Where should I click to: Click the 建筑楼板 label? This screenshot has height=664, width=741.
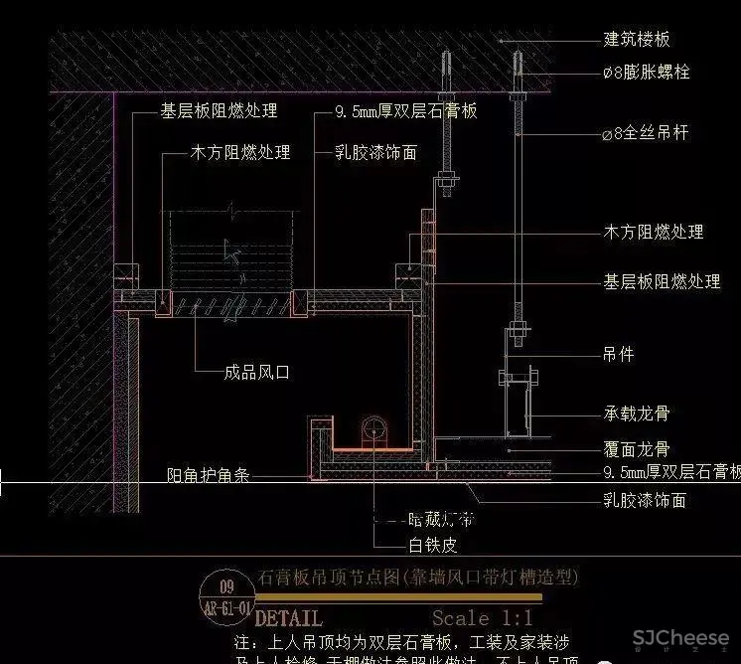[x=637, y=40]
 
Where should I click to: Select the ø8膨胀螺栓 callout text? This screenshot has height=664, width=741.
[x=647, y=73]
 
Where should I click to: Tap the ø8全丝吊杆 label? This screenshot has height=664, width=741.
[x=646, y=132]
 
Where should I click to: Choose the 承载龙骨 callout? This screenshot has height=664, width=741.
[x=637, y=412]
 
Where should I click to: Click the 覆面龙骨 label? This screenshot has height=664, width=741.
[x=637, y=449]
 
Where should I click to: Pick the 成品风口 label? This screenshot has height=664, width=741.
[x=256, y=374]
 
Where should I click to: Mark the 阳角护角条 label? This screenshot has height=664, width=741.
[x=207, y=476]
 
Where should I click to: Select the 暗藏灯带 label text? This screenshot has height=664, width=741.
[x=441, y=519]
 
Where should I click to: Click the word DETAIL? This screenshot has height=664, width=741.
[x=289, y=617]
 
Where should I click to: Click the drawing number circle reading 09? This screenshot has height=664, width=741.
[x=227, y=585]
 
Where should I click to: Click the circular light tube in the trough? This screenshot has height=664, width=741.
[x=374, y=430]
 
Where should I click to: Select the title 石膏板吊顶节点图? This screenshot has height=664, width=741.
[x=329, y=577]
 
